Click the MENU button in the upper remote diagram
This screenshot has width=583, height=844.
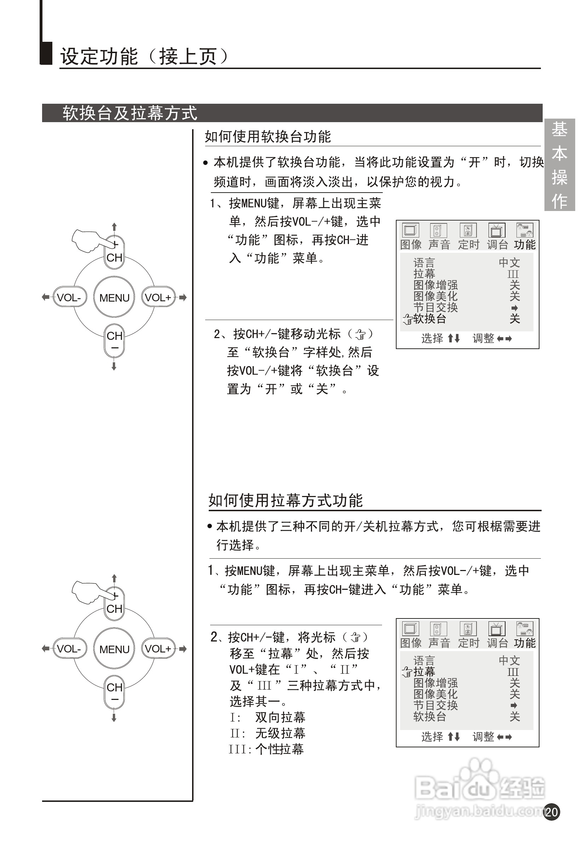[x=114, y=297]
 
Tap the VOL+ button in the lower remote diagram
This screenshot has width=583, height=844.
[x=158, y=649]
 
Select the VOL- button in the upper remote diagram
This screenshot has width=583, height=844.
[x=69, y=297]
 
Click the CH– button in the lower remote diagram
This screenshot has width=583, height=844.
[x=114, y=692]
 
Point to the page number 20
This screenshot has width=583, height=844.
[x=551, y=812]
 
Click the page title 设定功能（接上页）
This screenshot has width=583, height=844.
[x=144, y=57]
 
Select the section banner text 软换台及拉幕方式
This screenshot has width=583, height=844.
[x=130, y=113]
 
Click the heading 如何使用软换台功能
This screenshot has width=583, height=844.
[x=268, y=137]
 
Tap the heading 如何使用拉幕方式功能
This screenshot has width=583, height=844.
[x=285, y=500]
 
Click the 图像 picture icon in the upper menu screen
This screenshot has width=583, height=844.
[x=411, y=230]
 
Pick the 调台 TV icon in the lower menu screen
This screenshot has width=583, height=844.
[x=497, y=629]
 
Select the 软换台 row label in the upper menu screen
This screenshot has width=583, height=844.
[x=429, y=319]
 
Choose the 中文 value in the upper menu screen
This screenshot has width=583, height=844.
[x=509, y=262]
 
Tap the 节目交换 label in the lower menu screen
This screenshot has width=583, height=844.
[x=435, y=706]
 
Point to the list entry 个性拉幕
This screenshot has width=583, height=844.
[x=279, y=749]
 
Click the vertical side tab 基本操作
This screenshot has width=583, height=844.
[x=559, y=165]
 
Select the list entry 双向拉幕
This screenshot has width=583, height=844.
[x=280, y=717]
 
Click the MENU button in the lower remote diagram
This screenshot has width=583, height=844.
[x=114, y=649]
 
